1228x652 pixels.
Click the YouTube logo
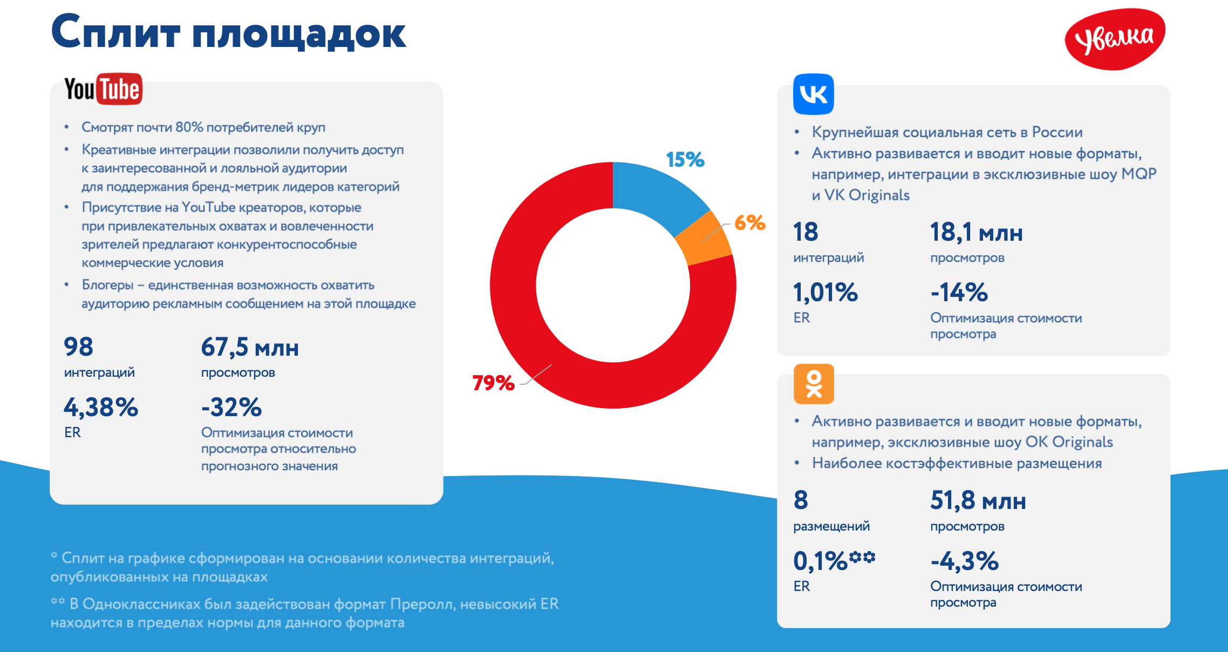pyautogui.click(x=103, y=89)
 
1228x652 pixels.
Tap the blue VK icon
pyautogui.click(x=813, y=94)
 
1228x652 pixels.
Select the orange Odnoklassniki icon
pyautogui.click(x=814, y=384)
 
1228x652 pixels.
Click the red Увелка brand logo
pyautogui.click(x=1115, y=39)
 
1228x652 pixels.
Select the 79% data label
pyautogui.click(x=493, y=383)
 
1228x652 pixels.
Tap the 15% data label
pyautogui.click(x=685, y=160)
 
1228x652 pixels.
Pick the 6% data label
pyautogui.click(x=749, y=222)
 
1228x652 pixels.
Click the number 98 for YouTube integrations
pyautogui.click(x=78, y=347)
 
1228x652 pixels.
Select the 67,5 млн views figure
pyautogui.click(x=250, y=347)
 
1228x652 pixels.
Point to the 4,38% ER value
pyautogui.click(x=101, y=407)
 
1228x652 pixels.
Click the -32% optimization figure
pyautogui.click(x=231, y=407)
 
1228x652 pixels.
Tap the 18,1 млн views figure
pyautogui.click(x=976, y=233)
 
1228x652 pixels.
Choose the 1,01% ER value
pyautogui.click(x=825, y=293)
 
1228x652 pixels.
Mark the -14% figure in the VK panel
pyautogui.click(x=959, y=293)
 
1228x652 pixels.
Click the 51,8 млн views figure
pyautogui.click(x=978, y=501)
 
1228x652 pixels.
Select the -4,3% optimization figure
pyautogui.click(x=964, y=561)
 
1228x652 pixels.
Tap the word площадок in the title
pyautogui.click(x=299, y=33)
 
